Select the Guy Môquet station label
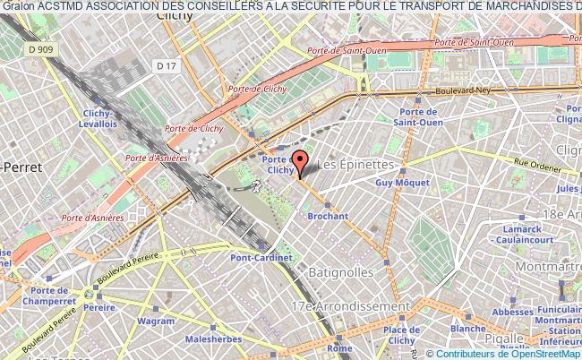pyautogui.click(x=398, y=183)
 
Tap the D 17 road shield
pyautogui.click(x=164, y=65)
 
